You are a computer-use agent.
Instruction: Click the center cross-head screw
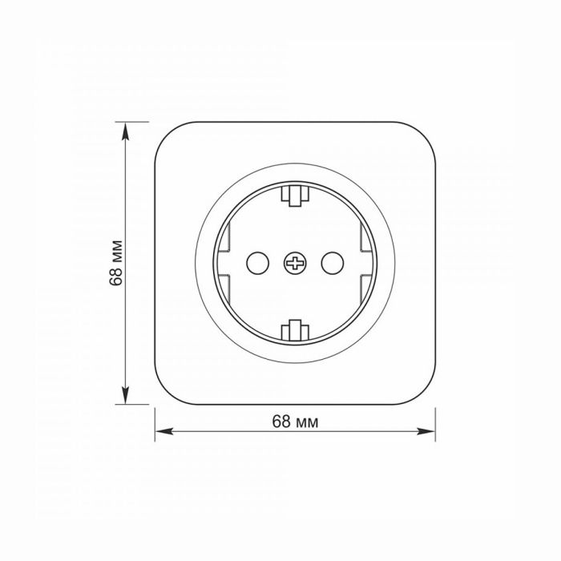pos(295,264)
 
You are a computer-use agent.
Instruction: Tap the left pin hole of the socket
pos(257,264)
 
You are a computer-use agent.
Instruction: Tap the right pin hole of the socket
pos(333,264)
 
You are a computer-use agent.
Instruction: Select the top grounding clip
pos(295,196)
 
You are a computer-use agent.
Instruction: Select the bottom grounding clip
pos(295,330)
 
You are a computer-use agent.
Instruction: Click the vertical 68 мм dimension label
pos(116,263)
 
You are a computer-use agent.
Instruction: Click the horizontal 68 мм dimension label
pos(295,422)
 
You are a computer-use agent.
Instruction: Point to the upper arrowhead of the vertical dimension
pos(125,131)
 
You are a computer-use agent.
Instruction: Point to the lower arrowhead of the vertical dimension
pos(125,395)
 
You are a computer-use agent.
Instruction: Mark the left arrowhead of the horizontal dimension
pos(163,431)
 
